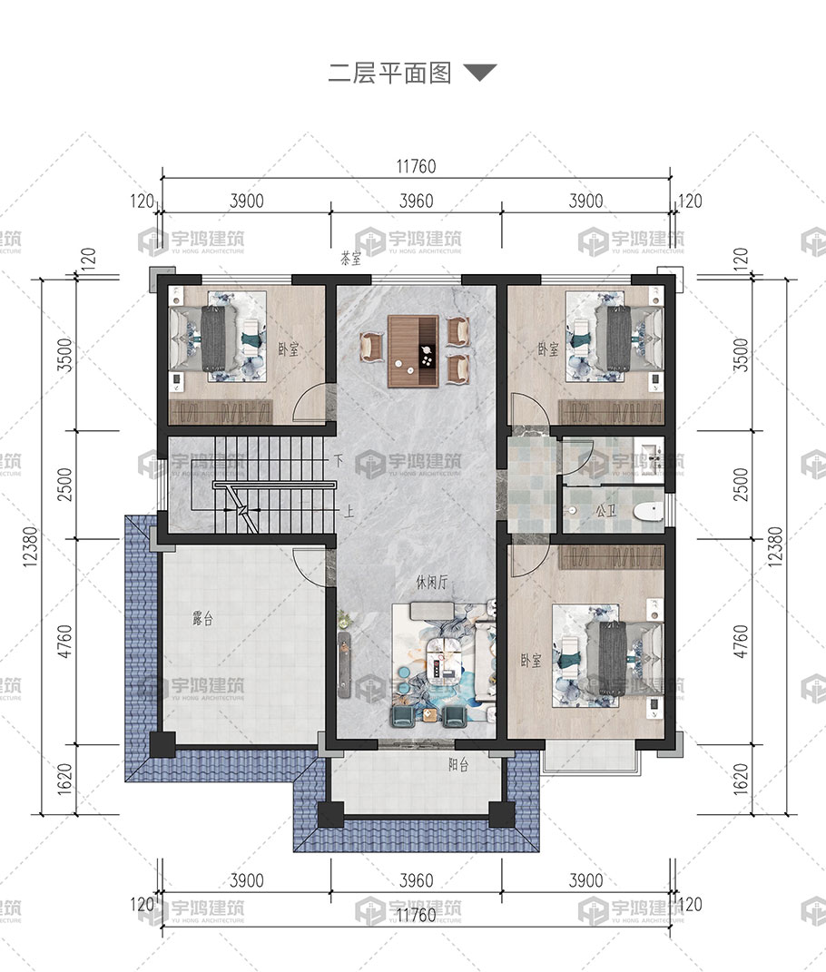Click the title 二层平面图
pyautogui.click(x=389, y=74)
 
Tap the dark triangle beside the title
pyautogui.click(x=480, y=72)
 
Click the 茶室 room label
pyautogui.click(x=351, y=258)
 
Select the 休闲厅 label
pyautogui.click(x=431, y=582)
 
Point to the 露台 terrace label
pyautogui.click(x=202, y=618)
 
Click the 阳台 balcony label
pyautogui.click(x=458, y=764)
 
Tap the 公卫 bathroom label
pyautogui.click(x=605, y=512)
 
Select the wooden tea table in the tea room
pyautogui.click(x=413, y=351)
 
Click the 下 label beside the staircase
pyautogui.click(x=338, y=460)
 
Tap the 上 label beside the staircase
pyautogui.click(x=349, y=512)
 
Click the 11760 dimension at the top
pyautogui.click(x=416, y=166)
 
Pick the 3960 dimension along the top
pyautogui.click(x=416, y=201)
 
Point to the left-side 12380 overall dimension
pyautogui.click(x=30, y=546)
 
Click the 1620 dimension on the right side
pyautogui.click(x=741, y=780)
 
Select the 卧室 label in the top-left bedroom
pyautogui.click(x=289, y=349)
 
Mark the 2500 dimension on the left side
pyautogui.click(x=64, y=485)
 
